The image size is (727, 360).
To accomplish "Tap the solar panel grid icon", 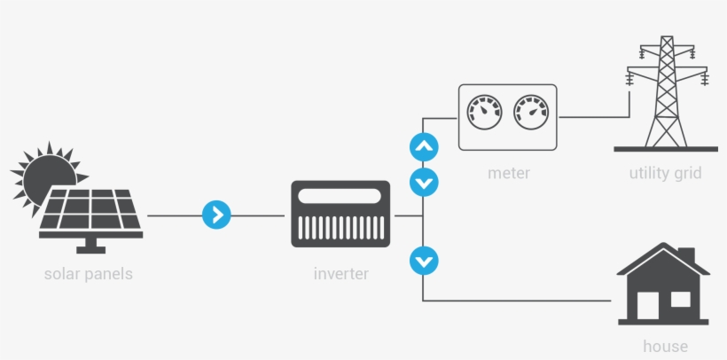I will pos(89,213).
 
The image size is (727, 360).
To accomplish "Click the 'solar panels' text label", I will pos(88,274).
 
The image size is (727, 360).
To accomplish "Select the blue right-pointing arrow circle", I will pos(216,215).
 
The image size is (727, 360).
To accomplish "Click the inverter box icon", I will pos(340,214).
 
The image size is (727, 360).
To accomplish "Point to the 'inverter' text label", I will pos(340,274).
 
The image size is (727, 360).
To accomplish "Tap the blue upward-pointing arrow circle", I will pos(424,147).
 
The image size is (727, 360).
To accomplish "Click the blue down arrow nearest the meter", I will pos(424,183).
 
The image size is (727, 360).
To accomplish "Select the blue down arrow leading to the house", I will pos(424,261).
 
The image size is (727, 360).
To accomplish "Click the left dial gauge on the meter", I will pos(484,113).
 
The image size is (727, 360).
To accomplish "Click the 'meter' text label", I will pos(508,173).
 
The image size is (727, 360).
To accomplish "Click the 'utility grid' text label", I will pos(664,173).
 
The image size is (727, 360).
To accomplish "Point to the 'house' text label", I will pos(664,346).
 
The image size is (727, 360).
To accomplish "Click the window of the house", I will pos(680,299).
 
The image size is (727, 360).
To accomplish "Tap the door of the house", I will pos(646,306).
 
